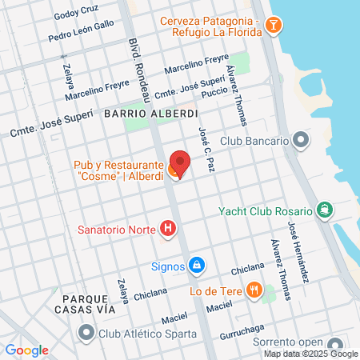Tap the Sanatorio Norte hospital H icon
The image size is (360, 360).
click(x=167, y=230)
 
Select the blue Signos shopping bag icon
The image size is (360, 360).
click(x=196, y=264)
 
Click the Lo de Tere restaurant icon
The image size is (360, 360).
click(x=254, y=290)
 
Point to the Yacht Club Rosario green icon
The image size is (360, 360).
click(x=323, y=210)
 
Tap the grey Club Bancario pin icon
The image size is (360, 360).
click(x=300, y=141)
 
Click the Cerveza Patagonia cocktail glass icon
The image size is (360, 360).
click(x=274, y=26)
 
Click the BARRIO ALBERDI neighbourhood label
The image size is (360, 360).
click(x=150, y=114)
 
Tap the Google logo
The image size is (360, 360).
click(x=27, y=350)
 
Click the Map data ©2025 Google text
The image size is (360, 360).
click(x=311, y=354)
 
